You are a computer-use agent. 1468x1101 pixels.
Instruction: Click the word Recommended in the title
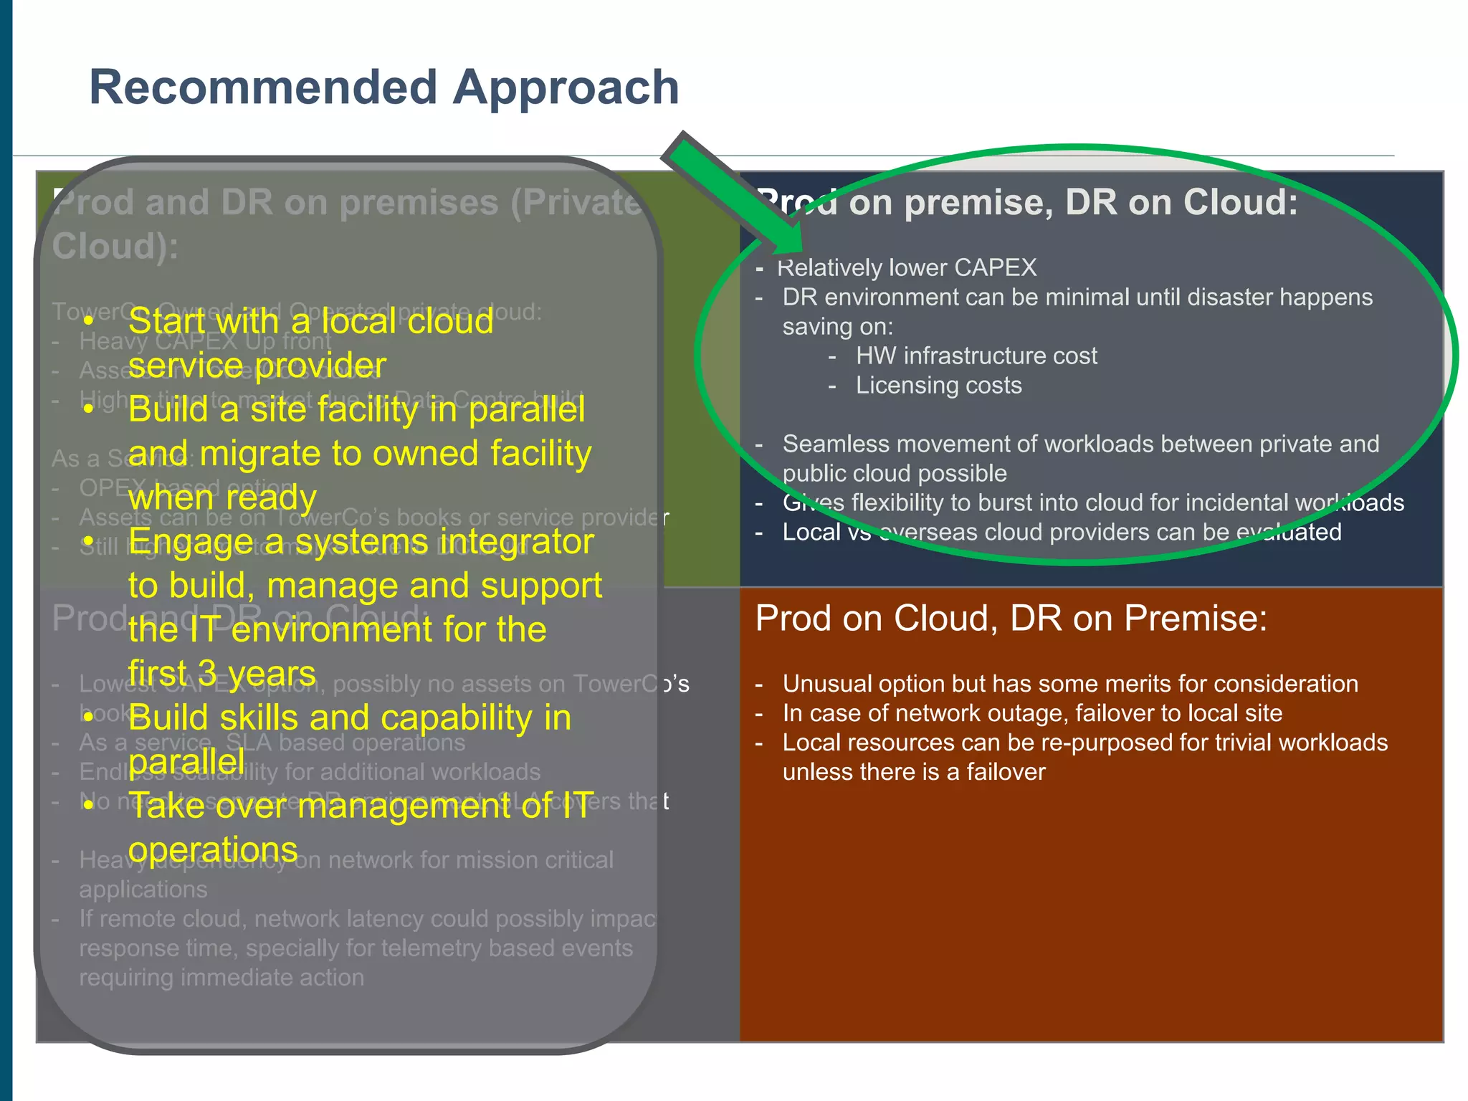click(263, 87)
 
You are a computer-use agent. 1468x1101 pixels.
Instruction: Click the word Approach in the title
click(566, 87)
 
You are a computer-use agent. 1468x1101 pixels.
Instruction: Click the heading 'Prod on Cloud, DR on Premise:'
click(1011, 618)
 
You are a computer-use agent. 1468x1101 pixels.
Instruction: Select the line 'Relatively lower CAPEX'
click(907, 267)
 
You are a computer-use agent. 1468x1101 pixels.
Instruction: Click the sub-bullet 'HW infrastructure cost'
click(976, 356)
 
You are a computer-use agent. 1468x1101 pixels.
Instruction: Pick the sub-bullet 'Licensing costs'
click(938, 385)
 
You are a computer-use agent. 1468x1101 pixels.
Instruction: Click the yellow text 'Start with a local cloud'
click(310, 320)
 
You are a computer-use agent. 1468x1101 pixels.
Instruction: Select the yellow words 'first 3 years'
click(221, 673)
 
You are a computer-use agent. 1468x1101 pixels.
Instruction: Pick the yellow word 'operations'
click(212, 849)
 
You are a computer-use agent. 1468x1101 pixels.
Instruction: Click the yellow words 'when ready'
click(222, 497)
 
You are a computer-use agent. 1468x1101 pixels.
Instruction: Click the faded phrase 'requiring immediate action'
click(221, 977)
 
